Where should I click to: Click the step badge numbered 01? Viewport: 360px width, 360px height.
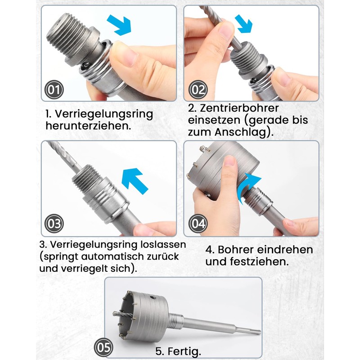(x=54, y=90)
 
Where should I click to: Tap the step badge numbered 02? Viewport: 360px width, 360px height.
(x=198, y=90)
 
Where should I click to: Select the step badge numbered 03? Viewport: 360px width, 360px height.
(x=54, y=224)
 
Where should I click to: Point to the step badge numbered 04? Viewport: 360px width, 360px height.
(x=198, y=224)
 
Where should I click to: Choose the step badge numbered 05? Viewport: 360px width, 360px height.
(x=103, y=347)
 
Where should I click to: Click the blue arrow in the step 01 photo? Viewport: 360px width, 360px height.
(x=119, y=25)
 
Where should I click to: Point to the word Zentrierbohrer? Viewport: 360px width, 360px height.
(x=239, y=108)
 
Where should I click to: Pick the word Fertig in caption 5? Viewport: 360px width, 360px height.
(x=182, y=351)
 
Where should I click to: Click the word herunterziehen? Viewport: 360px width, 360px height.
(x=87, y=126)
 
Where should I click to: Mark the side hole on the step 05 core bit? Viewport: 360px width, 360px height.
(x=153, y=298)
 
